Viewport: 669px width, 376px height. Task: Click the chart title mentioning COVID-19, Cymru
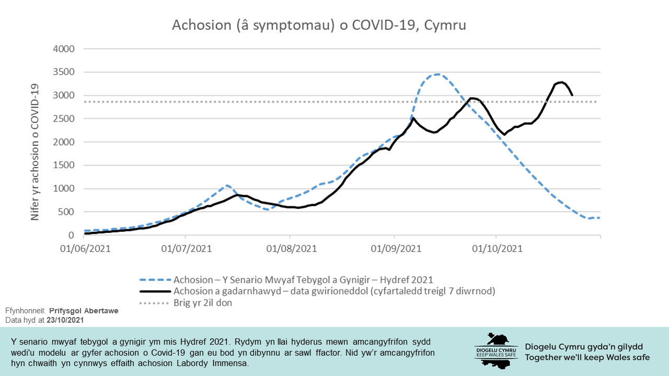tap(319, 26)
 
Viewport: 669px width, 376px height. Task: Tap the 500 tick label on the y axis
tap(67, 212)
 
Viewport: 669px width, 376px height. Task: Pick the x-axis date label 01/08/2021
tap(291, 249)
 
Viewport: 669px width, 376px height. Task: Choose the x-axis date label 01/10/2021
tap(498, 249)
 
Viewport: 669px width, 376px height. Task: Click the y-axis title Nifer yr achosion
tap(36, 152)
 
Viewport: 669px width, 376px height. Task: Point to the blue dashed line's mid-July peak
tap(226, 185)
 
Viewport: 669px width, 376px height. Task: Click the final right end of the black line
tap(572, 95)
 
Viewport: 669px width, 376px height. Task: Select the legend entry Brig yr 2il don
tap(203, 302)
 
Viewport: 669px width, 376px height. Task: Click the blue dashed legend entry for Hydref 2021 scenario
tap(303, 279)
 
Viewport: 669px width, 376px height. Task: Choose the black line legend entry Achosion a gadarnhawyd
tap(334, 291)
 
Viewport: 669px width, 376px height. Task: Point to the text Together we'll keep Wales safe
tap(587, 357)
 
